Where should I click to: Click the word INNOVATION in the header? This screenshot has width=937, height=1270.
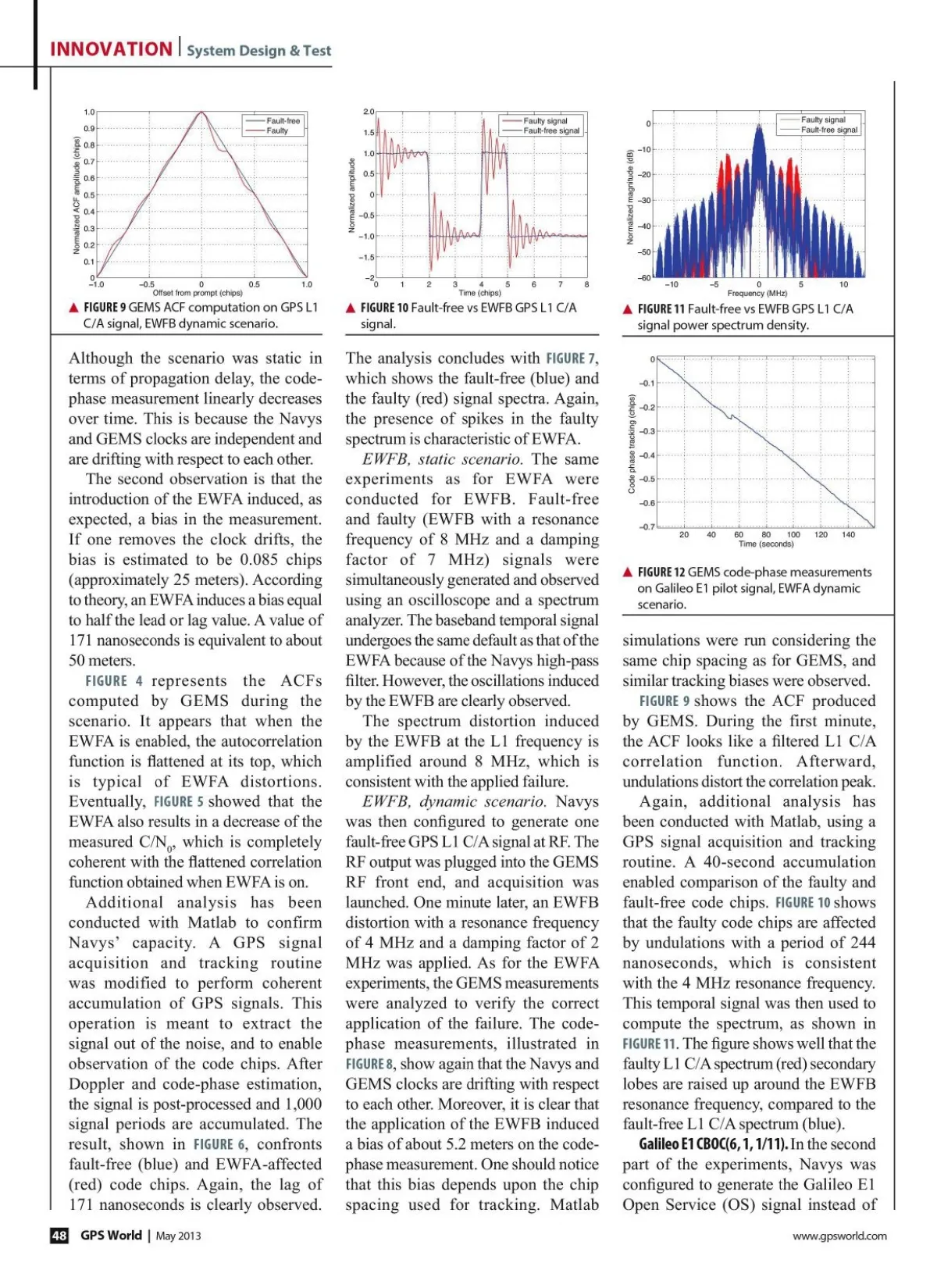pos(111,49)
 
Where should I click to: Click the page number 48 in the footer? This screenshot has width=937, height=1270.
pos(59,1236)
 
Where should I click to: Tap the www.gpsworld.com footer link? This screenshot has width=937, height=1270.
pos(839,1236)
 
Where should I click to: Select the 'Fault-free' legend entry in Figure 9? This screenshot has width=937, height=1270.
pos(283,121)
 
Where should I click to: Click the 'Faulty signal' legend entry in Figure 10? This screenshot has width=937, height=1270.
pos(545,121)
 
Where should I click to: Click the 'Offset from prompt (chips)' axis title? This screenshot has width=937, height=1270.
pos(198,293)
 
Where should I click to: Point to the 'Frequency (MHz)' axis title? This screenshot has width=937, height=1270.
pos(757,294)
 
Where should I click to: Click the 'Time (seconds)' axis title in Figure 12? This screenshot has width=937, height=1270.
pos(766,544)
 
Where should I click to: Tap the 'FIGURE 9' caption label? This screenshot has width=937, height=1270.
pos(105,308)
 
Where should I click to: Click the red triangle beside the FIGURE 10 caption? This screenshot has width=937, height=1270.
pos(351,309)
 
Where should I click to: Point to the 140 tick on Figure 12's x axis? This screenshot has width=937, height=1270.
pos(848,535)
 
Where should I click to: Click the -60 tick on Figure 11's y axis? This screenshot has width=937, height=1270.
pos(645,278)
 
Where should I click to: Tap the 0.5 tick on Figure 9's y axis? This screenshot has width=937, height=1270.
pos(89,195)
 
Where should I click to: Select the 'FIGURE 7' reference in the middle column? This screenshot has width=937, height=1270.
pos(572,359)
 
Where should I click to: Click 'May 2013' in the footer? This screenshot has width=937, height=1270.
pos(178,1236)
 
